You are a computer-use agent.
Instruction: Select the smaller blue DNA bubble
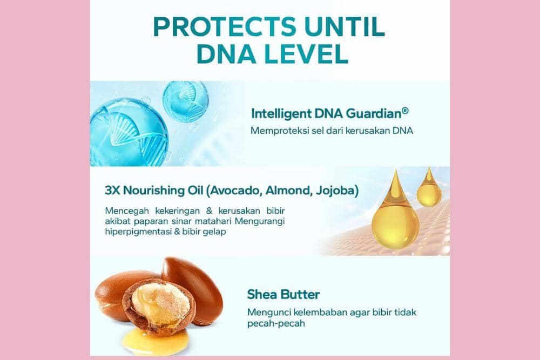[x=185, y=101]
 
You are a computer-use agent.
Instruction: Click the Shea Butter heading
[x=283, y=295]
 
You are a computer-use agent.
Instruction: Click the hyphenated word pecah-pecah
[x=276, y=324]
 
